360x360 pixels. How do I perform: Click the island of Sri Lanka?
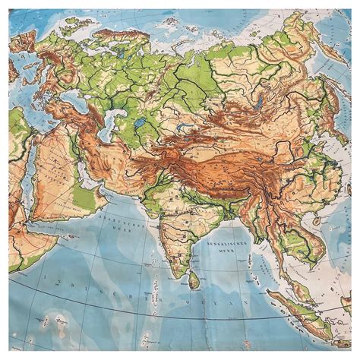(x=194, y=280)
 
